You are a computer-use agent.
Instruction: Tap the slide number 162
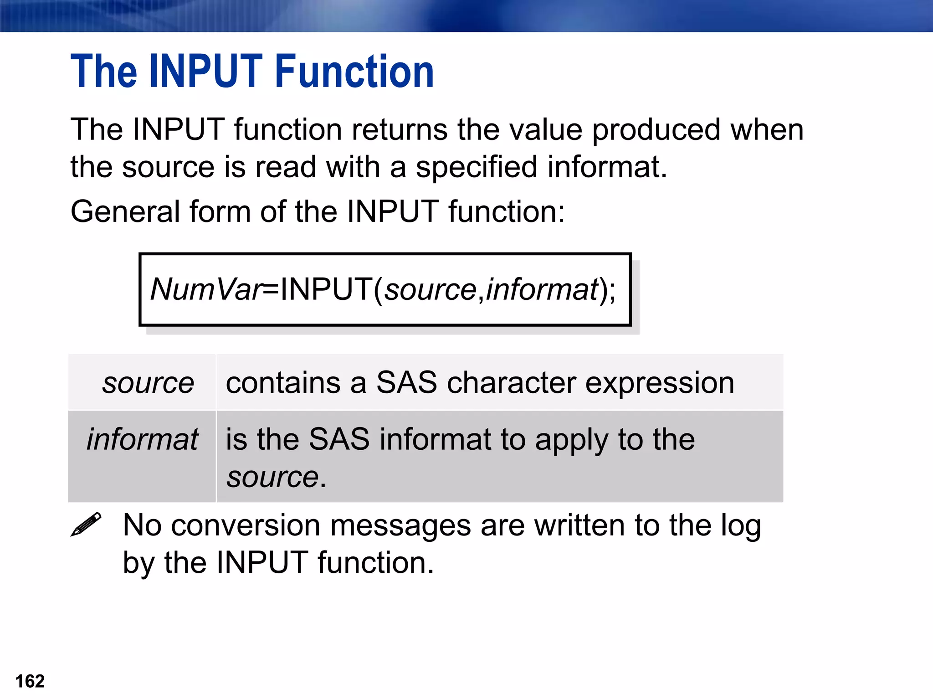[30, 681]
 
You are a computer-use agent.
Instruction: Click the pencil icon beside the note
[86, 525]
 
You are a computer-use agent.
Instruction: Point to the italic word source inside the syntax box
[430, 290]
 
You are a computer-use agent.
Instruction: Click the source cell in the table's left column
[148, 383]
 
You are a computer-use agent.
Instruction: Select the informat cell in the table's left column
[142, 439]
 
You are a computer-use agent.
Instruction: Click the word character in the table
[511, 383]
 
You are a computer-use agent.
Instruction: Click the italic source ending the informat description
[272, 478]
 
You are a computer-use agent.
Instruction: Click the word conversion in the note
[246, 525]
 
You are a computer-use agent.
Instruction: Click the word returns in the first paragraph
[400, 130]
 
